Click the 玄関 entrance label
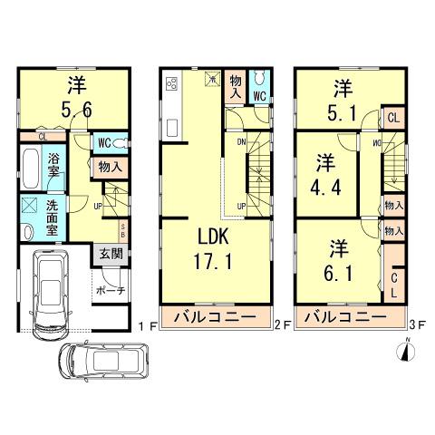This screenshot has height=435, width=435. click(107, 253)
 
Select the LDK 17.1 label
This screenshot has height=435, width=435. click(215, 253)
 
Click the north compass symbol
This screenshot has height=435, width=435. click(406, 352)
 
